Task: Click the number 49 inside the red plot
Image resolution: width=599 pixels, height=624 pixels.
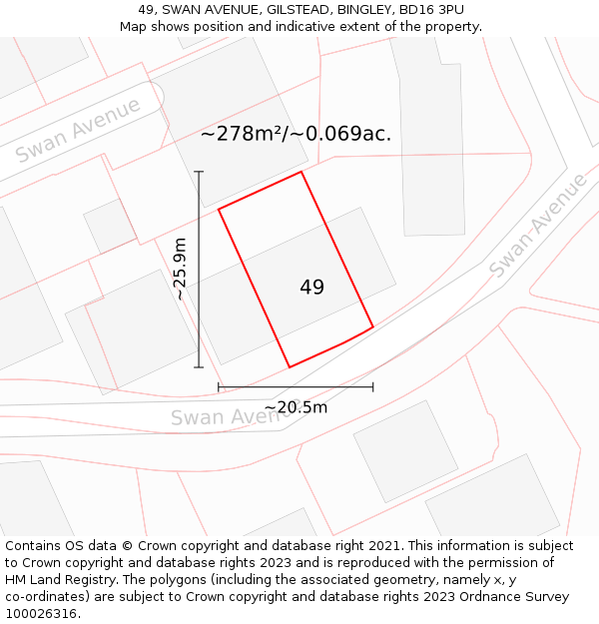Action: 311,288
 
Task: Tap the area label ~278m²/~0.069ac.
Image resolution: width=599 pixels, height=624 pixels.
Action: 296,134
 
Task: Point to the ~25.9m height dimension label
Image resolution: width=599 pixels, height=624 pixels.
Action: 180,268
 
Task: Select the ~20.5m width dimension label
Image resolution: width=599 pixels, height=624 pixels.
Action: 296,407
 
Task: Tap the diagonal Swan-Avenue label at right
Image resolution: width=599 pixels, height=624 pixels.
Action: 539,226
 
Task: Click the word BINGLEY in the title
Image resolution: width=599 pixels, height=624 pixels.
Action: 364,9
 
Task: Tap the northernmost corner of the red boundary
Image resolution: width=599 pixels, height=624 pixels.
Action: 300,172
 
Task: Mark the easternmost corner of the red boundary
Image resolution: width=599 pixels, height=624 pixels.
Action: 373,326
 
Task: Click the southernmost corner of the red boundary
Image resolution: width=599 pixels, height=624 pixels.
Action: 290,367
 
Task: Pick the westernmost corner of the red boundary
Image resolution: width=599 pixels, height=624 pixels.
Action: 219,209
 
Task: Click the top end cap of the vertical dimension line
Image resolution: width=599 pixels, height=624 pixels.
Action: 199,172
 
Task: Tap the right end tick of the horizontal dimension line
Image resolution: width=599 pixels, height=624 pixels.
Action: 373,386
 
